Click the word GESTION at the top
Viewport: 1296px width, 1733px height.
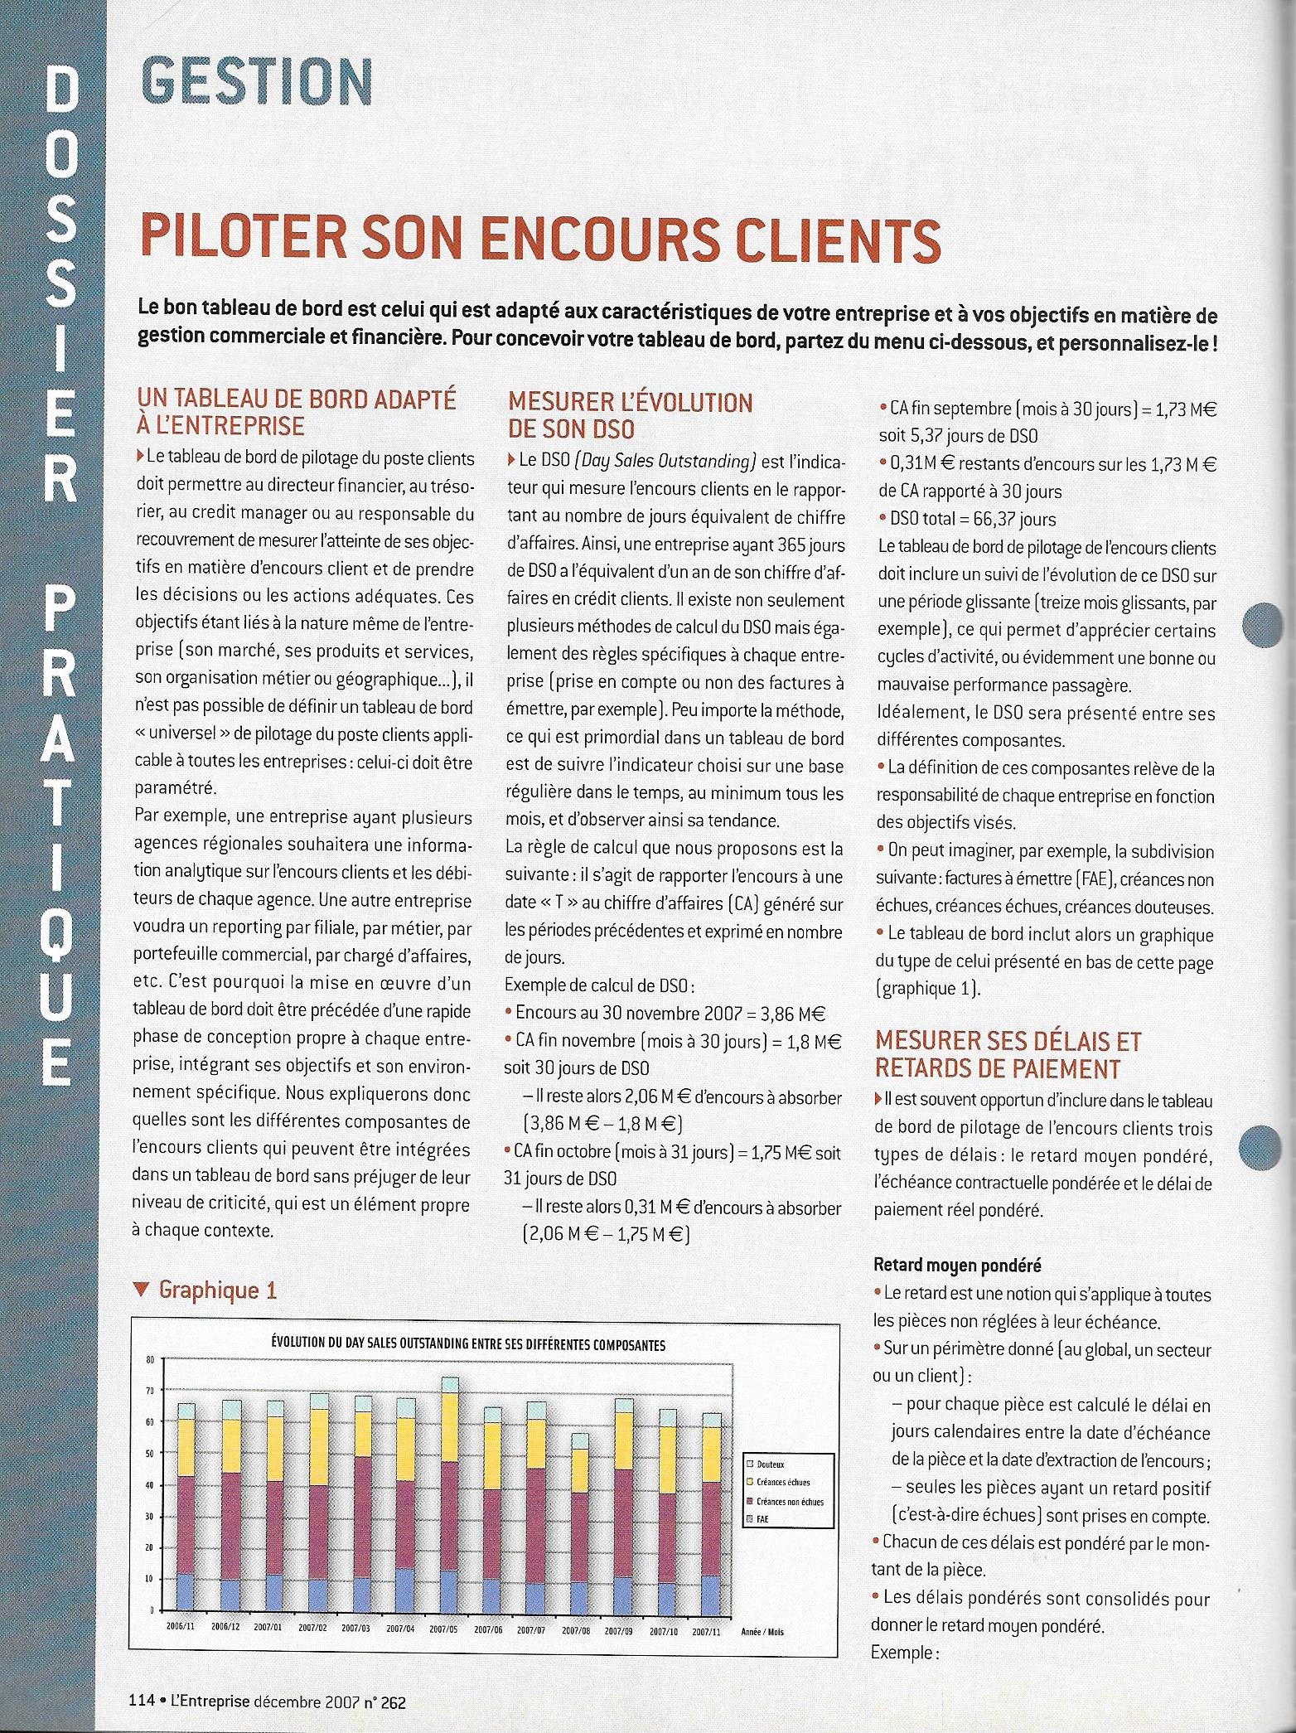pos(257,80)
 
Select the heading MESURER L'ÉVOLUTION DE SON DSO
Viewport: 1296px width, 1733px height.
pos(630,415)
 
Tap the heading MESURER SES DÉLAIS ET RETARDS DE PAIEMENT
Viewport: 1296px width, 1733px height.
pos(1008,1054)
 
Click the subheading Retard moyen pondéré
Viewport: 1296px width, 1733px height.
pos(957,1266)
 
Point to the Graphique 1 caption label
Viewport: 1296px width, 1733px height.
pos(217,1290)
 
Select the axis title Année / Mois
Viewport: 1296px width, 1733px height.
pos(763,1632)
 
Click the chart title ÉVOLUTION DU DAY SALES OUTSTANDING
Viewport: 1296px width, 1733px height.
pos(468,1345)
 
